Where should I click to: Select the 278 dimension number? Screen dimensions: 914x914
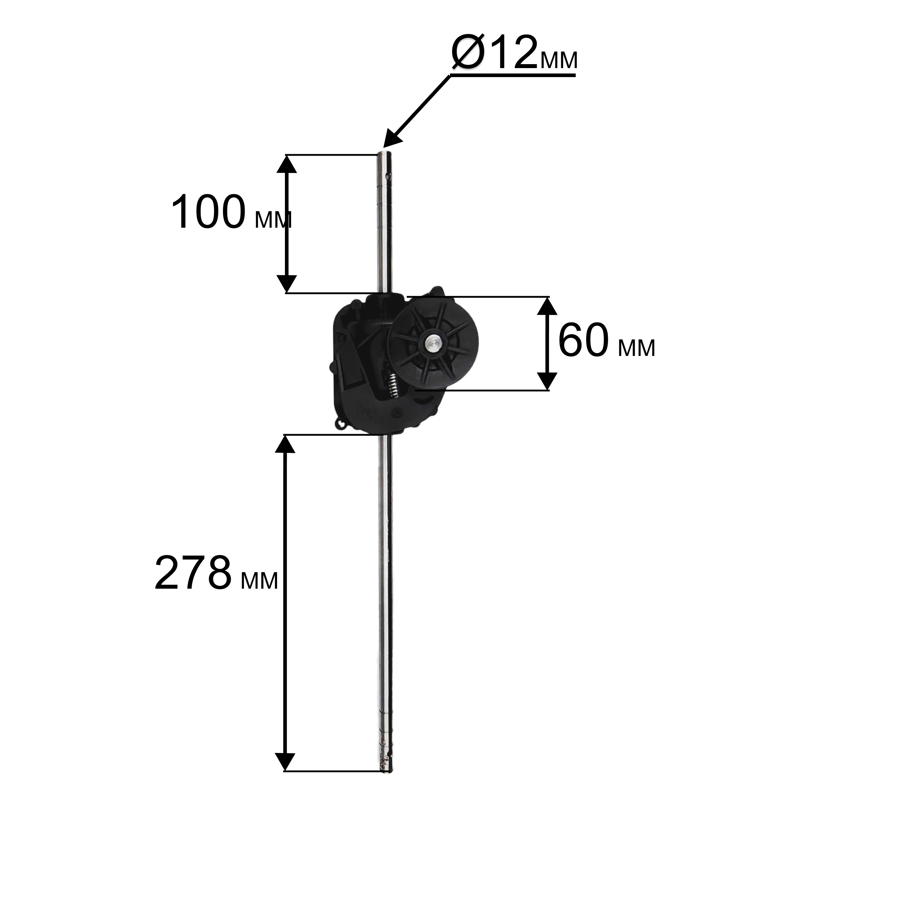[193, 574]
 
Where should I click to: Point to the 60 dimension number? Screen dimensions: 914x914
[583, 340]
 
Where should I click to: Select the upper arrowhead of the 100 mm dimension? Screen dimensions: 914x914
[286, 164]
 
